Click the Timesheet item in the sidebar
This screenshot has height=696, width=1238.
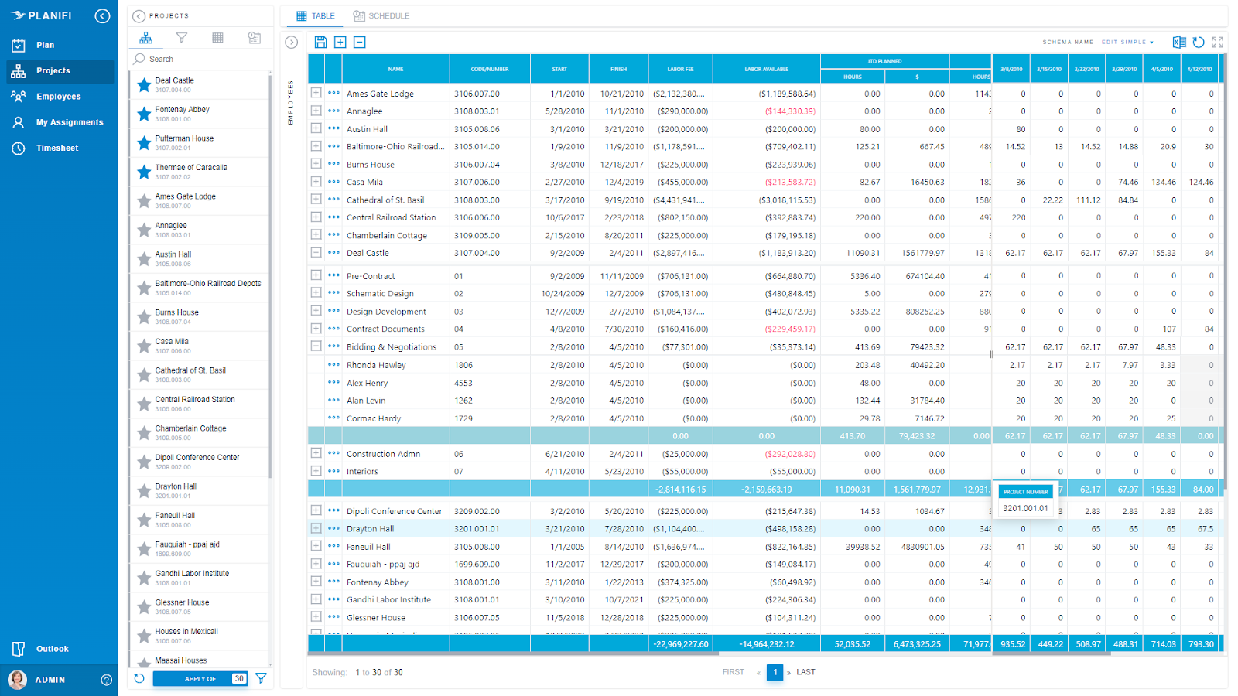click(x=56, y=148)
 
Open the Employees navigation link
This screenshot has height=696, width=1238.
click(x=58, y=97)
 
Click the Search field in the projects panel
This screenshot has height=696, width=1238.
click(x=201, y=59)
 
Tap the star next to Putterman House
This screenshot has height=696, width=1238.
click(x=144, y=143)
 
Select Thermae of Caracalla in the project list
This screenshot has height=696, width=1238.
click(x=191, y=168)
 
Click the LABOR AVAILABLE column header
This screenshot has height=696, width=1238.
click(x=766, y=69)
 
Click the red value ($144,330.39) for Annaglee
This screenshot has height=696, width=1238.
click(x=790, y=111)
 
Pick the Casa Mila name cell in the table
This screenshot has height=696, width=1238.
click(x=364, y=183)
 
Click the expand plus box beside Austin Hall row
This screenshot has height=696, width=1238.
click(x=316, y=128)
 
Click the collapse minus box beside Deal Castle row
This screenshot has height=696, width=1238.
click(x=316, y=252)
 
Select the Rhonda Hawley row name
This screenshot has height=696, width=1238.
click(x=376, y=365)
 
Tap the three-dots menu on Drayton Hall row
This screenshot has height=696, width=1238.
click(x=333, y=528)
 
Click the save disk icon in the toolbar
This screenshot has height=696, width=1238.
click(x=320, y=43)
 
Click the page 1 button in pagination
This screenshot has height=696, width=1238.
click(x=775, y=672)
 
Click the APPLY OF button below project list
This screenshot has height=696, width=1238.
click(x=200, y=679)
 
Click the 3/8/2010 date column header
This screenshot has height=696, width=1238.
click(x=1011, y=69)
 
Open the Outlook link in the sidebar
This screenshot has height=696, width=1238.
click(x=52, y=649)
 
